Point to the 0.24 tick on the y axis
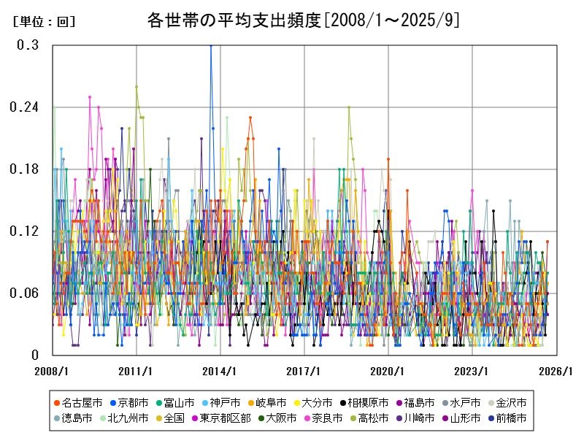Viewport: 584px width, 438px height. click(x=23, y=107)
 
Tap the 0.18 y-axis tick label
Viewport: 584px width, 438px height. click(x=23, y=169)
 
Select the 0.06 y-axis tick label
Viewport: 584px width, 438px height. click(x=23, y=293)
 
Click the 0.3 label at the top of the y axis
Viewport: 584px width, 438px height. click(x=28, y=45)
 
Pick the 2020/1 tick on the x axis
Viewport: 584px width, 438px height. click(x=388, y=371)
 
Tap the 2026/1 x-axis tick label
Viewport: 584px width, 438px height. click(x=556, y=371)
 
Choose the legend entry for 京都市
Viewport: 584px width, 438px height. click(x=133, y=402)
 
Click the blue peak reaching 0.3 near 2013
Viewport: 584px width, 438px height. click(x=211, y=46)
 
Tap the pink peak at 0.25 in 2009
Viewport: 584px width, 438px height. click(x=90, y=97)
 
